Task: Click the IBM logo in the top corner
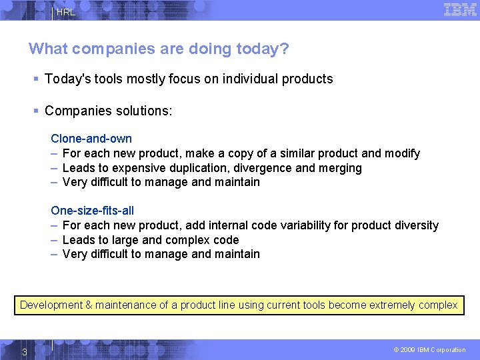460,9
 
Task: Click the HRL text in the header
66,13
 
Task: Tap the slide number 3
24,351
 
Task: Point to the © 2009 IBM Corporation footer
429,350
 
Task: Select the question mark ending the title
285,49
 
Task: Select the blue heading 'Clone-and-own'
91,139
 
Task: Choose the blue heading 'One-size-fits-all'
92,211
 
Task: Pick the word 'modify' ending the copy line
403,153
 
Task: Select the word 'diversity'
417,225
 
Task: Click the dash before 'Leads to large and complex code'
54,240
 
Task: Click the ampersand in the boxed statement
89,305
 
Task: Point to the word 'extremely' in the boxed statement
387,305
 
